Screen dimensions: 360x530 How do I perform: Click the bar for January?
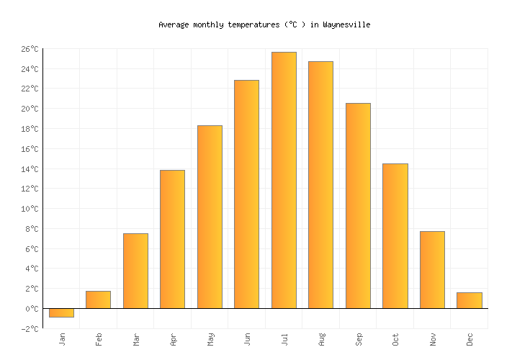tap(61, 312)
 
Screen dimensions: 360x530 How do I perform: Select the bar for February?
tap(98, 300)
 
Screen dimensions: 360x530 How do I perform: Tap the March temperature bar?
tap(135, 271)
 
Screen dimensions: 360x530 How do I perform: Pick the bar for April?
tap(172, 239)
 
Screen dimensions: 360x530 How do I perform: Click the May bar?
tap(210, 217)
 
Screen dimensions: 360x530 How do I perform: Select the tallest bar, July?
tap(284, 180)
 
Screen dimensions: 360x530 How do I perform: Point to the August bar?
tap(320, 184)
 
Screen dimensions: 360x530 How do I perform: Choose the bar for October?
tap(395, 236)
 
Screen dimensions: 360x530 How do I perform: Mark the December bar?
tap(469, 300)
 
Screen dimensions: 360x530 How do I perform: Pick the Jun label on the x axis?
tap(248, 338)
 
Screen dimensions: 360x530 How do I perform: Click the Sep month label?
tap(359, 338)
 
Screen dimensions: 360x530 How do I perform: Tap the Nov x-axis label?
tap(433, 338)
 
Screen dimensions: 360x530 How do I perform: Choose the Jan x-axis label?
tap(63, 338)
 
